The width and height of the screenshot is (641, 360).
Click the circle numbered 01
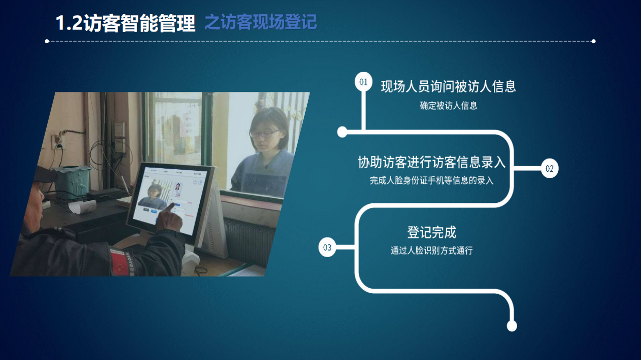[x=363, y=82]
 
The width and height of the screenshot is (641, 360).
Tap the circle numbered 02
[x=550, y=168]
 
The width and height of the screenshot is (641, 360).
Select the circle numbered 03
[x=327, y=247]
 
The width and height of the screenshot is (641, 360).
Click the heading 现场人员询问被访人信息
[x=448, y=86]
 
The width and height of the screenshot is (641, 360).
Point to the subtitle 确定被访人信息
[x=448, y=105]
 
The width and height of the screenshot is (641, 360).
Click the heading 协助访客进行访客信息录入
[x=432, y=162]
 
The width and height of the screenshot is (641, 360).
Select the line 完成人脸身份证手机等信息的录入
[x=432, y=181]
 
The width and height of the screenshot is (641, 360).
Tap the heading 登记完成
[x=432, y=232]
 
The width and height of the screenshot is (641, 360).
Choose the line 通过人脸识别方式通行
[x=432, y=251]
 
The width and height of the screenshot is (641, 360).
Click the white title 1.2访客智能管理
[x=125, y=23]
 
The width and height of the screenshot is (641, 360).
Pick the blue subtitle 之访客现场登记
[x=261, y=22]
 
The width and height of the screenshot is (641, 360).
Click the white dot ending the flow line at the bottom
[x=511, y=326]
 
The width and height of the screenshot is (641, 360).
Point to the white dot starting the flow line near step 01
[x=342, y=132]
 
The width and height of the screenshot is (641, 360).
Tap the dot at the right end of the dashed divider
[x=593, y=41]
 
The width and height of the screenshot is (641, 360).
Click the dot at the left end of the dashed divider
[x=47, y=41]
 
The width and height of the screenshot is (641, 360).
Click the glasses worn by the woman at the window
[x=264, y=134]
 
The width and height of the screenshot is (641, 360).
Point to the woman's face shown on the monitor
[x=155, y=192]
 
